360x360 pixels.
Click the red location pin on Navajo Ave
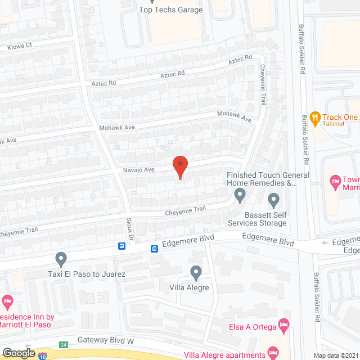click(179, 166)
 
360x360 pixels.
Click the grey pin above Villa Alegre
click(196, 273)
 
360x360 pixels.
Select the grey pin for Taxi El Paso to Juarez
click(61, 259)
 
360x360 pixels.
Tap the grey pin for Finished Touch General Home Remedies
click(240, 196)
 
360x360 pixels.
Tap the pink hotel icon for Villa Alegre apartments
click(273, 352)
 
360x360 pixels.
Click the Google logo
click(19, 353)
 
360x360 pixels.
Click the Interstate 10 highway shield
click(43, 355)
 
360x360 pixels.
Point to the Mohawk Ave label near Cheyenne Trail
click(235, 116)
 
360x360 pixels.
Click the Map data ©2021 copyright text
click(336, 355)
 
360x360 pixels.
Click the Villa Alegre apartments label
click(224, 355)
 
